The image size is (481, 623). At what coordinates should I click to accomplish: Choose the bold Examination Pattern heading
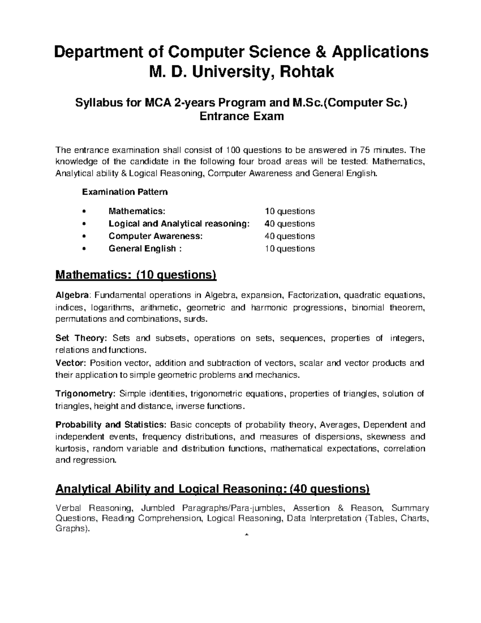pyautogui.click(x=125, y=192)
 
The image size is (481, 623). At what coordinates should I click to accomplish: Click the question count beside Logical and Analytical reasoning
pyautogui.click(x=289, y=223)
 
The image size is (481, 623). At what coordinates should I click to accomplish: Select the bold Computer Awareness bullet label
pyautogui.click(x=156, y=236)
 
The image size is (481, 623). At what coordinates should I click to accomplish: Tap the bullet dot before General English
pyautogui.click(x=83, y=249)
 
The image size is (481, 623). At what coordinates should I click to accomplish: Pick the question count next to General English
pyautogui.click(x=289, y=249)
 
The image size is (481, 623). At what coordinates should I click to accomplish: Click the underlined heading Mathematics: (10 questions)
pyautogui.click(x=136, y=275)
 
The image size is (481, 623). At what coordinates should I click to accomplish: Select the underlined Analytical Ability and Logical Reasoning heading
pyautogui.click(x=212, y=489)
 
